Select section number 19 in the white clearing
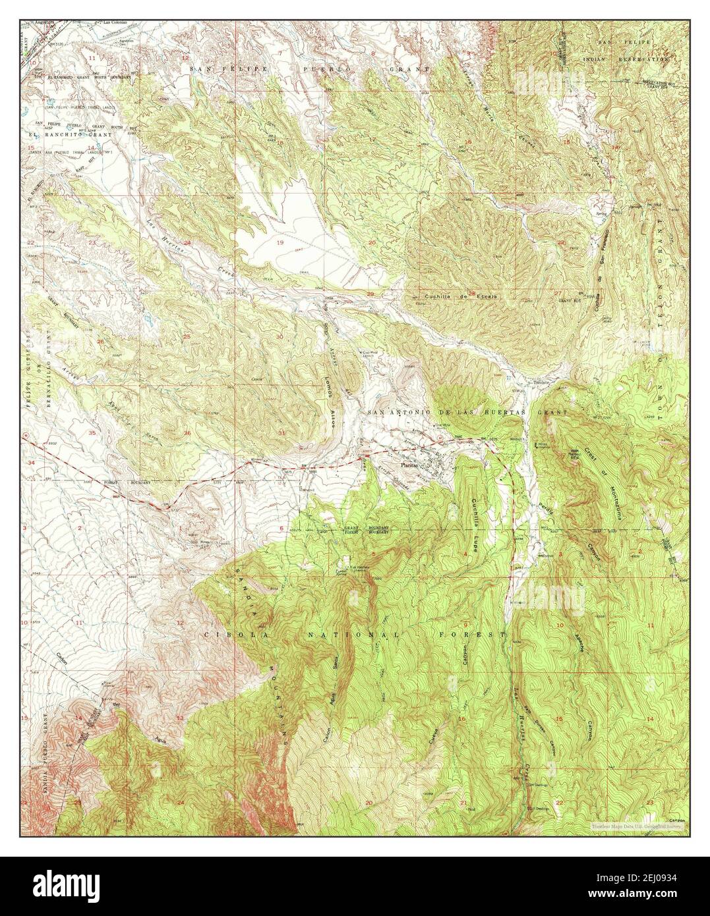[280, 243]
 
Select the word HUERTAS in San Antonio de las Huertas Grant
[518, 412]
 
